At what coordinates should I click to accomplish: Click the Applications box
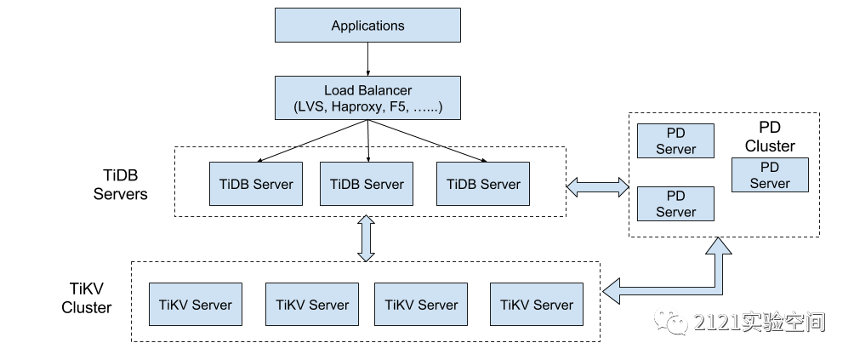[367, 26]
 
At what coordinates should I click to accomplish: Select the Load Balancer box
[367, 99]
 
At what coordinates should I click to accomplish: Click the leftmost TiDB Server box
[256, 184]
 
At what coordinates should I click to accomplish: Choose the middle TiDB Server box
[367, 184]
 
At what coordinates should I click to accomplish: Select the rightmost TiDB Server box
[483, 184]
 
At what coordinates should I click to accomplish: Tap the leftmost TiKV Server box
[195, 305]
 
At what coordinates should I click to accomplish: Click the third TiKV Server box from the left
[421, 305]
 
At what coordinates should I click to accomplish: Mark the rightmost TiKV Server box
[537, 305]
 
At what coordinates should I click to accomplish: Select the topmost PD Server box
[675, 141]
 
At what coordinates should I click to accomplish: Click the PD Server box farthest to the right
[770, 175]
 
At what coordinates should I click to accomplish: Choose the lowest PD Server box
[675, 204]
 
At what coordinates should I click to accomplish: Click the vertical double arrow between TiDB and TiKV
[367, 238]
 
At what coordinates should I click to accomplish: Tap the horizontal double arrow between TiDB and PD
[597, 187]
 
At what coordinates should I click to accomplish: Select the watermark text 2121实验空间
[759, 322]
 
